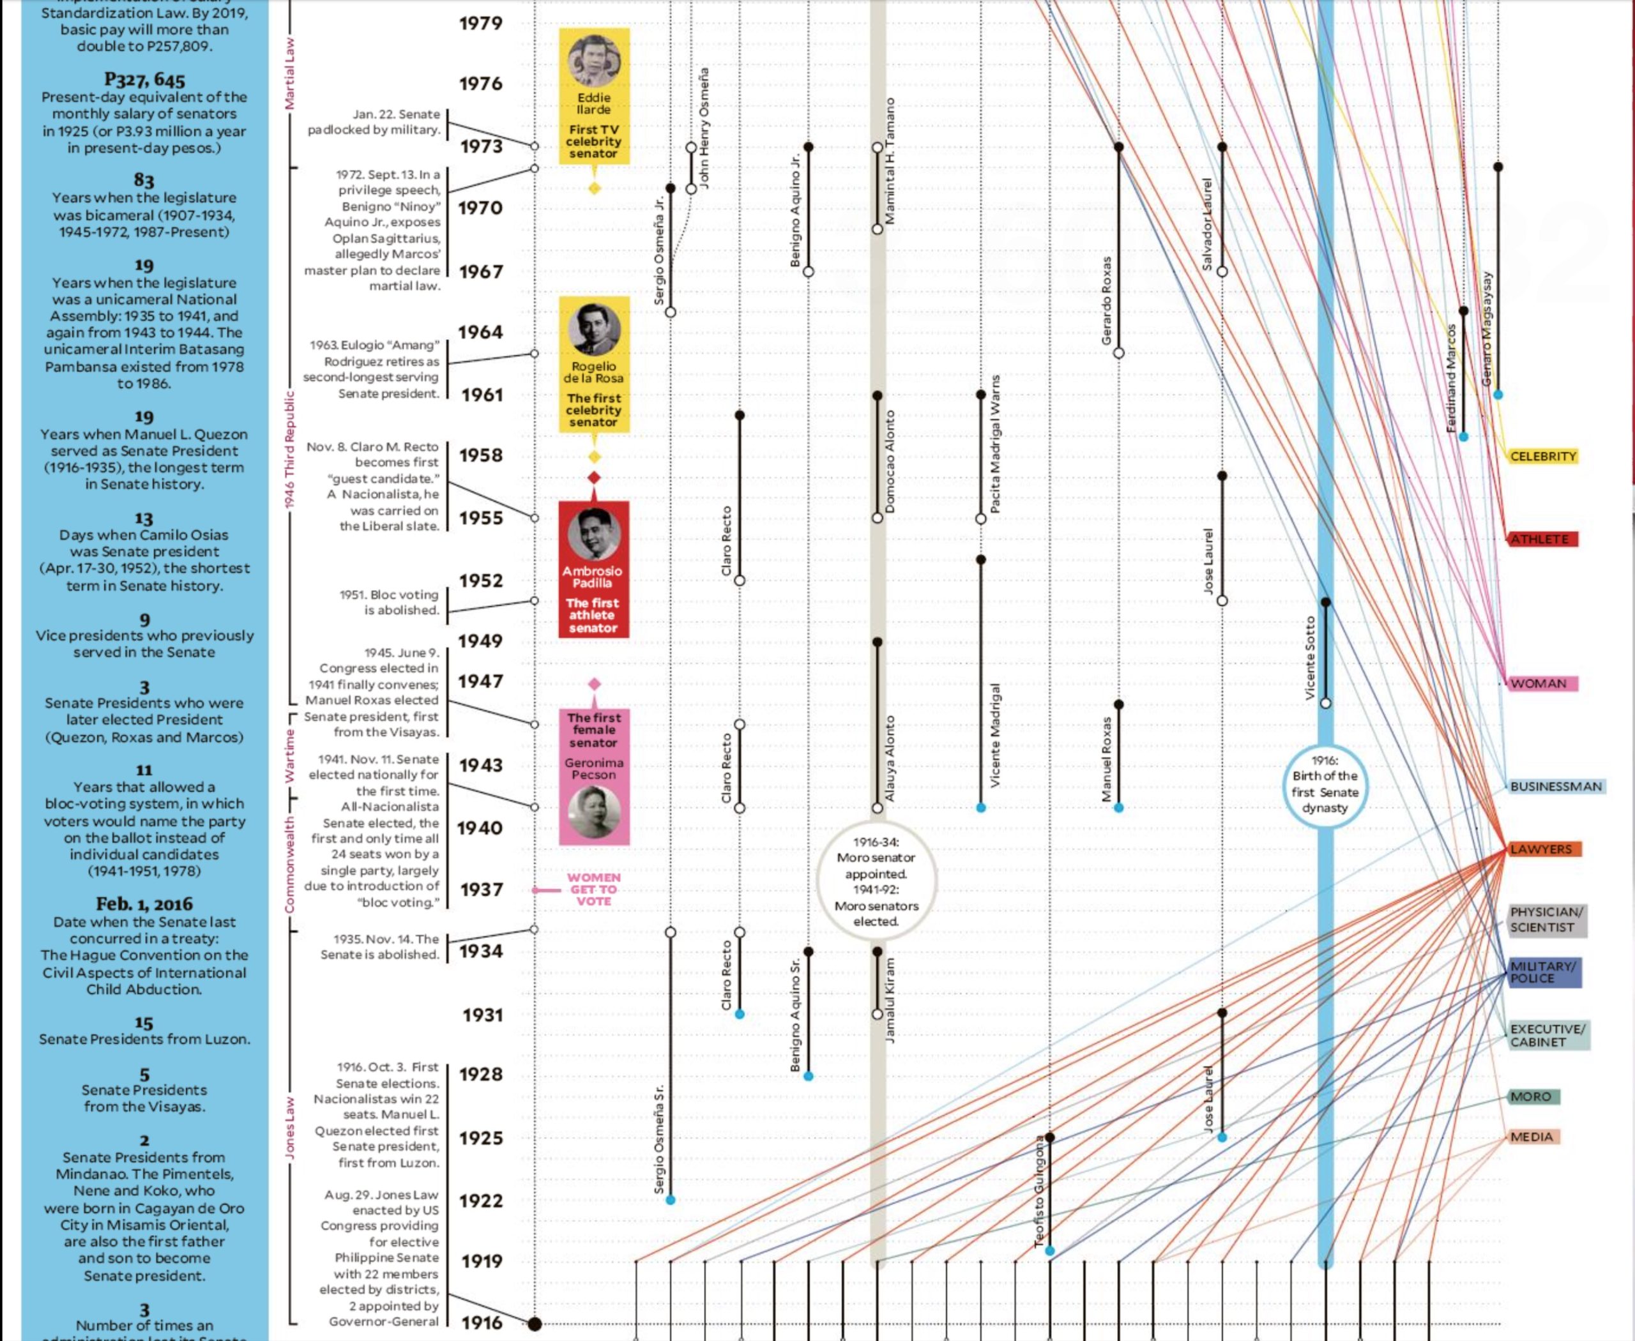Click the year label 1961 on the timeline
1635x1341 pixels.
pos(482,395)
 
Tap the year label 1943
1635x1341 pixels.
pos(481,765)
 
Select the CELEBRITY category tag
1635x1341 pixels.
pos(1542,457)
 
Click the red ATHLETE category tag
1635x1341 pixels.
pos(1540,539)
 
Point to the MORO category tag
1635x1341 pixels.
pos(1531,1097)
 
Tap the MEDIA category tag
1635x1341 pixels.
pos(1532,1137)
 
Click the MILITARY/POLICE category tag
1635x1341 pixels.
pos(1543,972)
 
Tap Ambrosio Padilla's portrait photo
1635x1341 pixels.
pos(593,534)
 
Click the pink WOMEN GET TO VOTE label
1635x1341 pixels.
pos(593,889)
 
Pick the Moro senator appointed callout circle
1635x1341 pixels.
pos(876,881)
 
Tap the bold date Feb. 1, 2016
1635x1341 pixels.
pos(144,904)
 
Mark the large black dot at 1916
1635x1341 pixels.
pos(534,1323)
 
